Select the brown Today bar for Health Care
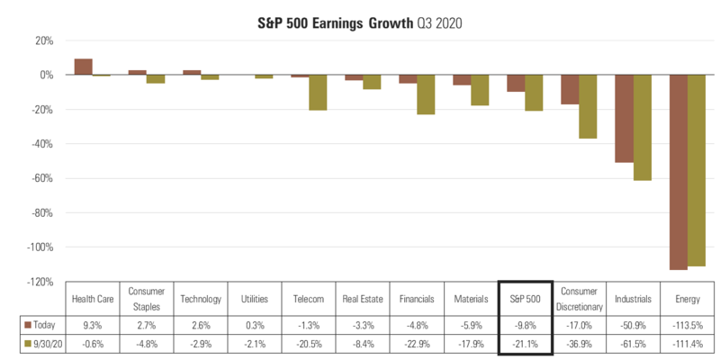(x=83, y=67)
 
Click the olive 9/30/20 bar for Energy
(x=697, y=170)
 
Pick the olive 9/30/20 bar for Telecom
(x=318, y=93)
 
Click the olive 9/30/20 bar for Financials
(x=426, y=94)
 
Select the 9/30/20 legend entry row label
(x=41, y=343)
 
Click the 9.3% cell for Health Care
(x=93, y=323)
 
